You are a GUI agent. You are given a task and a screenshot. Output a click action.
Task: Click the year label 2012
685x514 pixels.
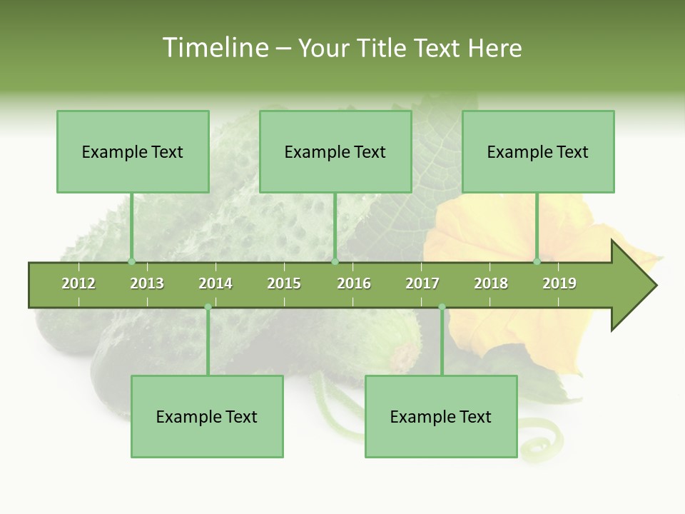click(78, 283)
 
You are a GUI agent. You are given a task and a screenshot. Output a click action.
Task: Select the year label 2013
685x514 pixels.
click(147, 283)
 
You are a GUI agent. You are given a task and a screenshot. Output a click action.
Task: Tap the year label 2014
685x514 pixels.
click(215, 283)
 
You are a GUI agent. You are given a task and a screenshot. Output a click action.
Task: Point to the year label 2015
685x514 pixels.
click(284, 283)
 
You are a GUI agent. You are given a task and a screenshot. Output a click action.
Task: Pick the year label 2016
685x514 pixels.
click(354, 283)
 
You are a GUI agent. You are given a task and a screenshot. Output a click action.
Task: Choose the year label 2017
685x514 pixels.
click(422, 283)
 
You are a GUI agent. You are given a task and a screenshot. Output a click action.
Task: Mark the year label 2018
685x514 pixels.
click(491, 283)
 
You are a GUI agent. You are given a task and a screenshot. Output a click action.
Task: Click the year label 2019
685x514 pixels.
click(559, 283)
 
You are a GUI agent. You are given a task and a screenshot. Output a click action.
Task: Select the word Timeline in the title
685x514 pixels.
click(213, 48)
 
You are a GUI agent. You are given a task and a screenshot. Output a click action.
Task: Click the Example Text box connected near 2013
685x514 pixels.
click(133, 151)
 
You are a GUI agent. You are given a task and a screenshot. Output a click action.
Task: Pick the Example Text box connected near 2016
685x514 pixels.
click(335, 151)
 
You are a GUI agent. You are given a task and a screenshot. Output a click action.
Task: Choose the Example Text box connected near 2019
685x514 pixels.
click(538, 151)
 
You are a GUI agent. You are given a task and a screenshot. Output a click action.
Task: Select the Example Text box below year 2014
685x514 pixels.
click(207, 416)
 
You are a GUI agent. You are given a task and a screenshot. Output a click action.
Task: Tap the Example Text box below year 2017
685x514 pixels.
click(441, 416)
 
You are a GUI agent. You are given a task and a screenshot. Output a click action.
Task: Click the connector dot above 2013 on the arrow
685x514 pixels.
click(131, 262)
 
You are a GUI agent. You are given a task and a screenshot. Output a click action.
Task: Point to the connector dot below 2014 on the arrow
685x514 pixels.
click(208, 307)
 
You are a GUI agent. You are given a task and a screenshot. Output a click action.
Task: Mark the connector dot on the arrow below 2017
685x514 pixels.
click(442, 307)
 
